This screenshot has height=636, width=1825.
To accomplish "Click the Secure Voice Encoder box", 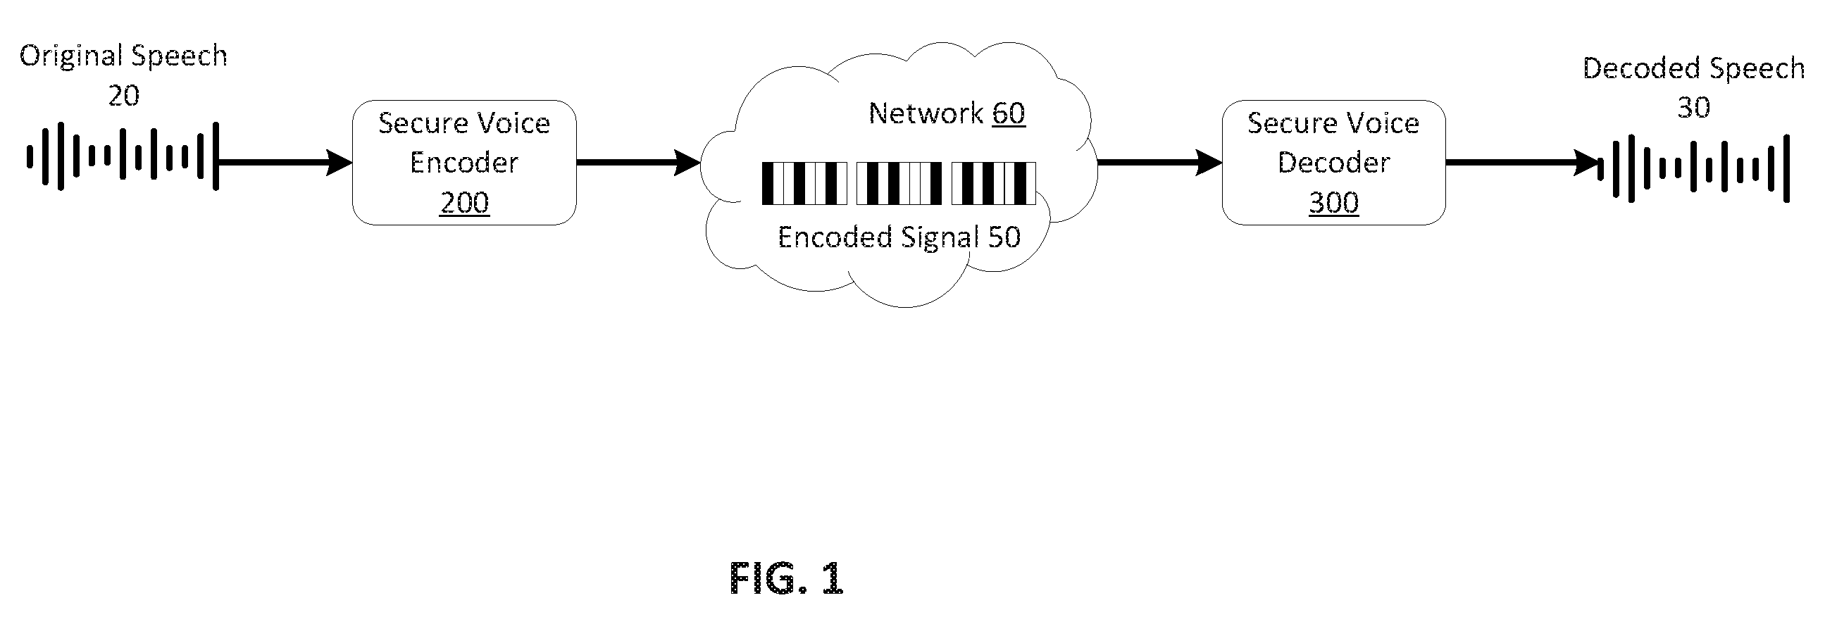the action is point(464,162).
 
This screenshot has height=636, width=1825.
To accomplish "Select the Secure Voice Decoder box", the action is point(1333,162).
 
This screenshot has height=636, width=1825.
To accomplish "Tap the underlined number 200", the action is point(464,204).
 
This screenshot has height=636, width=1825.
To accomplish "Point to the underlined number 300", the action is point(1333,204).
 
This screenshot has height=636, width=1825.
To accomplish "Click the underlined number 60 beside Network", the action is point(1008,113).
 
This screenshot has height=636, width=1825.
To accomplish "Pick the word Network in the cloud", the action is point(926,113).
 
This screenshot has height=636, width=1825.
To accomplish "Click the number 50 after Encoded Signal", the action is point(1004,237).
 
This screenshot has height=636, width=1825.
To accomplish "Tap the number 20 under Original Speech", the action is point(123,96).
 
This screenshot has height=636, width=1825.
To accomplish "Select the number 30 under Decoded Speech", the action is point(1693,108).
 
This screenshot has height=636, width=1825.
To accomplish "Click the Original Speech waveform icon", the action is point(123,156).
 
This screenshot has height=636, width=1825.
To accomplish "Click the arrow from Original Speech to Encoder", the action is point(285,163).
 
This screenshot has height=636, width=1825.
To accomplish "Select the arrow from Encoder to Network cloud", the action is point(638,163).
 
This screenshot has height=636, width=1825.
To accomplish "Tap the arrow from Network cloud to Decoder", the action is point(1160,163).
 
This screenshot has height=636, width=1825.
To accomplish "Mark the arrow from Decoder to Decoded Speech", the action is point(1522,163).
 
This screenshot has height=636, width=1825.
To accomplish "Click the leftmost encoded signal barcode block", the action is point(804,183).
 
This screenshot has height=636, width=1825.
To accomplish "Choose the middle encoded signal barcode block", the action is point(899,183).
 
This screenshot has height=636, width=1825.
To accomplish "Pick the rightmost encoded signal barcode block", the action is point(993,183).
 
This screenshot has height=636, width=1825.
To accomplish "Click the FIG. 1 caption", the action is point(786,579).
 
